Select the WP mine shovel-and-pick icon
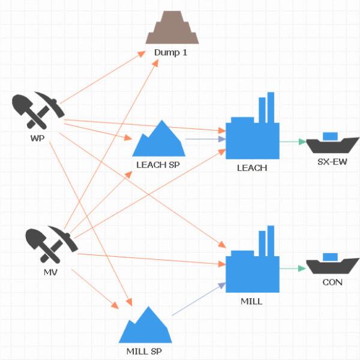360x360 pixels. click(37, 110)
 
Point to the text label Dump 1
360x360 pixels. click(171, 52)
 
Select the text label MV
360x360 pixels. click(51, 273)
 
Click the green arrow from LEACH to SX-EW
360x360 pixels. click(292, 142)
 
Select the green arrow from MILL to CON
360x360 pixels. click(292, 268)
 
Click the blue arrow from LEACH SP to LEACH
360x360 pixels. click(205, 139)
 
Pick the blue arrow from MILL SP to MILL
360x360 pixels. click(199, 300)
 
